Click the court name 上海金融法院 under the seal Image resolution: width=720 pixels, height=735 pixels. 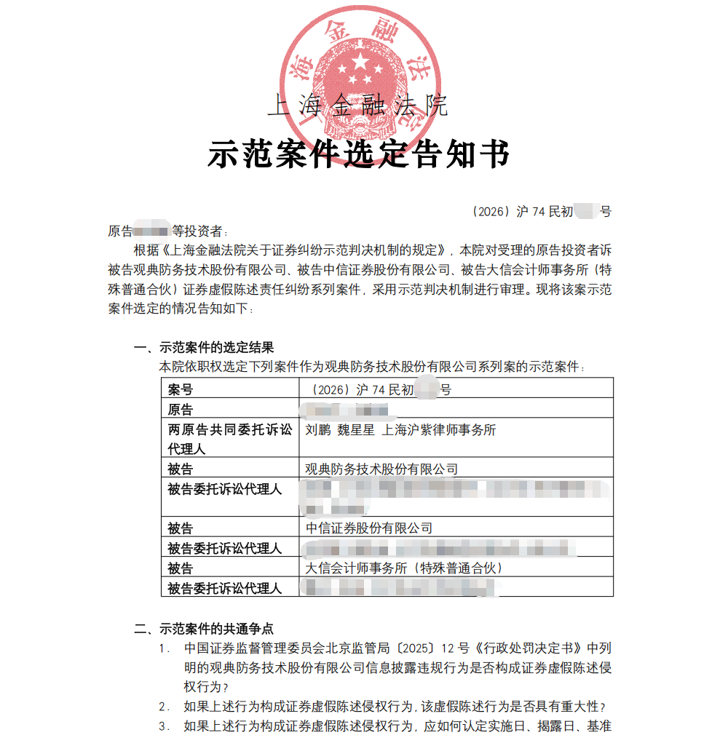point(358,106)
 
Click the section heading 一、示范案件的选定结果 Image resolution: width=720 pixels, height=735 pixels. point(204,348)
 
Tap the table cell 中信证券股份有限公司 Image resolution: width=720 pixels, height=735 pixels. point(370,528)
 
